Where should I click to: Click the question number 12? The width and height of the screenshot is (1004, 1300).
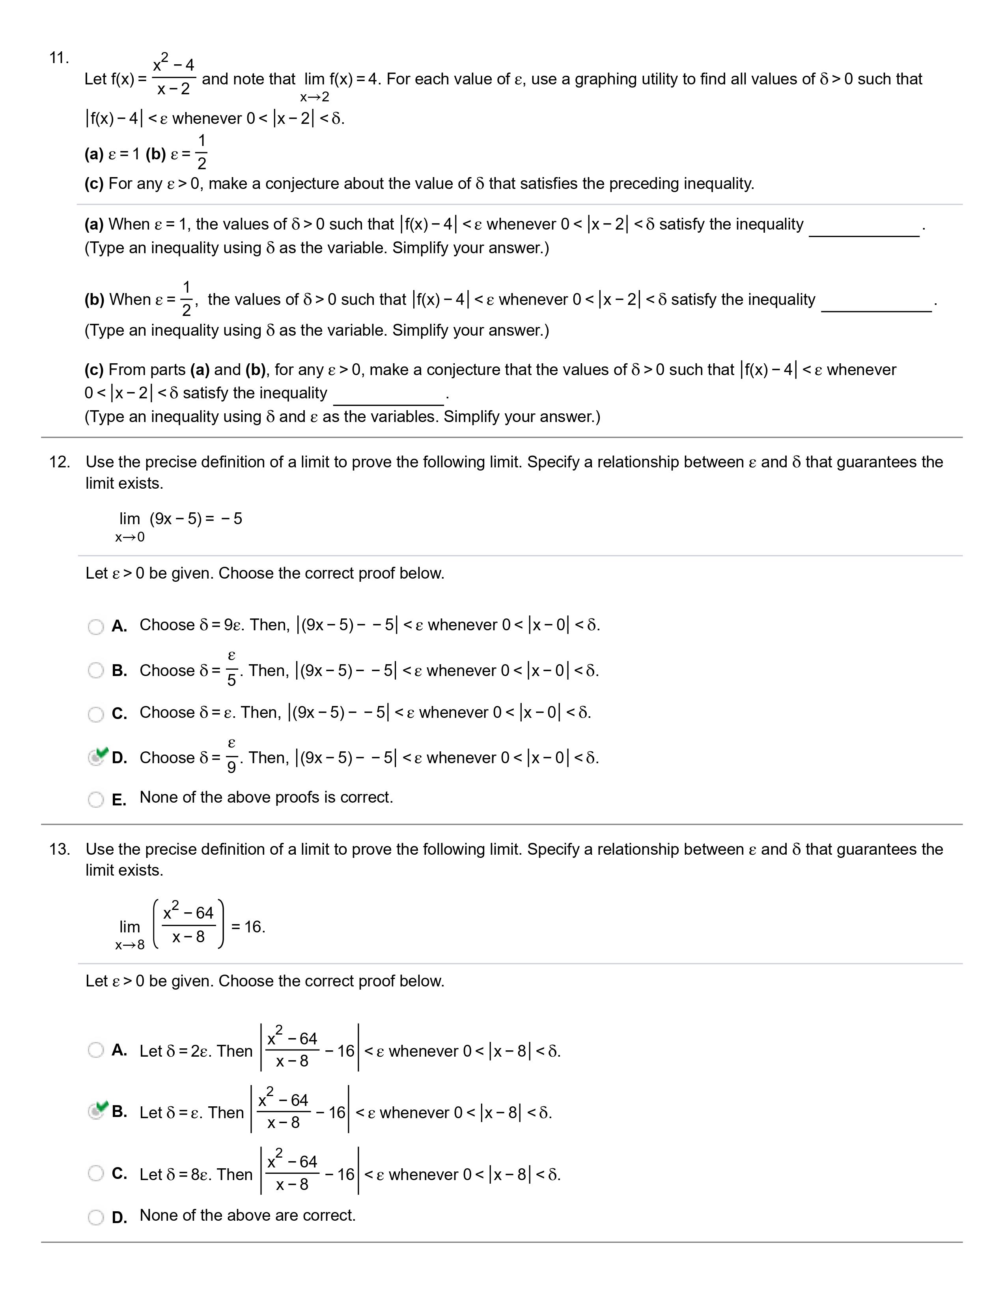point(59,462)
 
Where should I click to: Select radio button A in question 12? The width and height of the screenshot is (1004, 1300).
point(96,627)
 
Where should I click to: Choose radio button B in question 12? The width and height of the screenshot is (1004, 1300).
point(96,671)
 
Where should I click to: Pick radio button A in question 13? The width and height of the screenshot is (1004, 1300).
point(96,1050)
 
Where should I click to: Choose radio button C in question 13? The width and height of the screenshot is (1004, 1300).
point(96,1173)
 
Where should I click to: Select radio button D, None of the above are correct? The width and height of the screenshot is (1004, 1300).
point(96,1217)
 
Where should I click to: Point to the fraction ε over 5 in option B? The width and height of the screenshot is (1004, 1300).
point(231,669)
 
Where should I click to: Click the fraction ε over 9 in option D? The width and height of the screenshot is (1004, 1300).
point(231,756)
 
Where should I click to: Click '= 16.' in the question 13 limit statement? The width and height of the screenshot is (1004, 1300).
point(248,927)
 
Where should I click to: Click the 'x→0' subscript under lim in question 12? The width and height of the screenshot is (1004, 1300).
point(130,538)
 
